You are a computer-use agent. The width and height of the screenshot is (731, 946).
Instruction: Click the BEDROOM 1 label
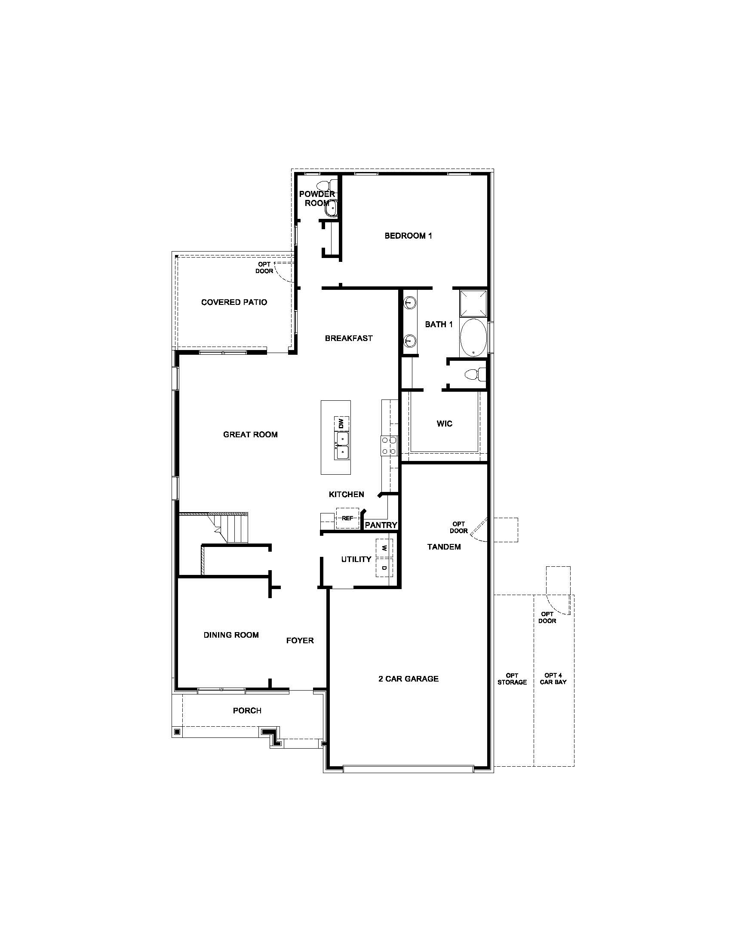(408, 236)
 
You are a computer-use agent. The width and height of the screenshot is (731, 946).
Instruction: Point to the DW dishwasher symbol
(341, 423)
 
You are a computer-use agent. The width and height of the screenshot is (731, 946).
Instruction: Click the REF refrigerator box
(347, 518)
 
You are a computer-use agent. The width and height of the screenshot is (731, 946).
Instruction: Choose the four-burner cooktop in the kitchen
(389, 446)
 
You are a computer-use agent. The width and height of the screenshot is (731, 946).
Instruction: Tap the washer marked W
(384, 548)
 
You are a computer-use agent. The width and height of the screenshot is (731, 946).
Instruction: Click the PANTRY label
(381, 525)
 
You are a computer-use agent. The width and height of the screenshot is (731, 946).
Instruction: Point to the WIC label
(444, 424)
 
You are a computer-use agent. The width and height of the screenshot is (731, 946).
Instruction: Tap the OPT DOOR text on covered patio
(264, 268)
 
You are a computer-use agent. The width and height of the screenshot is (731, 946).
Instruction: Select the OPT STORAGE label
(512, 679)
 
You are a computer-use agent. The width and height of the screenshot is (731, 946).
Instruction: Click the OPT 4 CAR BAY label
(553, 679)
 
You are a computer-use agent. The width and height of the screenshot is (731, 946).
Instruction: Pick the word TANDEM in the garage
(444, 547)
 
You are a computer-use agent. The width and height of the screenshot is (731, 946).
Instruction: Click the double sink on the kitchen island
(341, 446)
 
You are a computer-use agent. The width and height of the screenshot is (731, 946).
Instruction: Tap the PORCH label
(247, 711)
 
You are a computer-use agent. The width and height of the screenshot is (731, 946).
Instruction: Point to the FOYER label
(300, 641)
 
